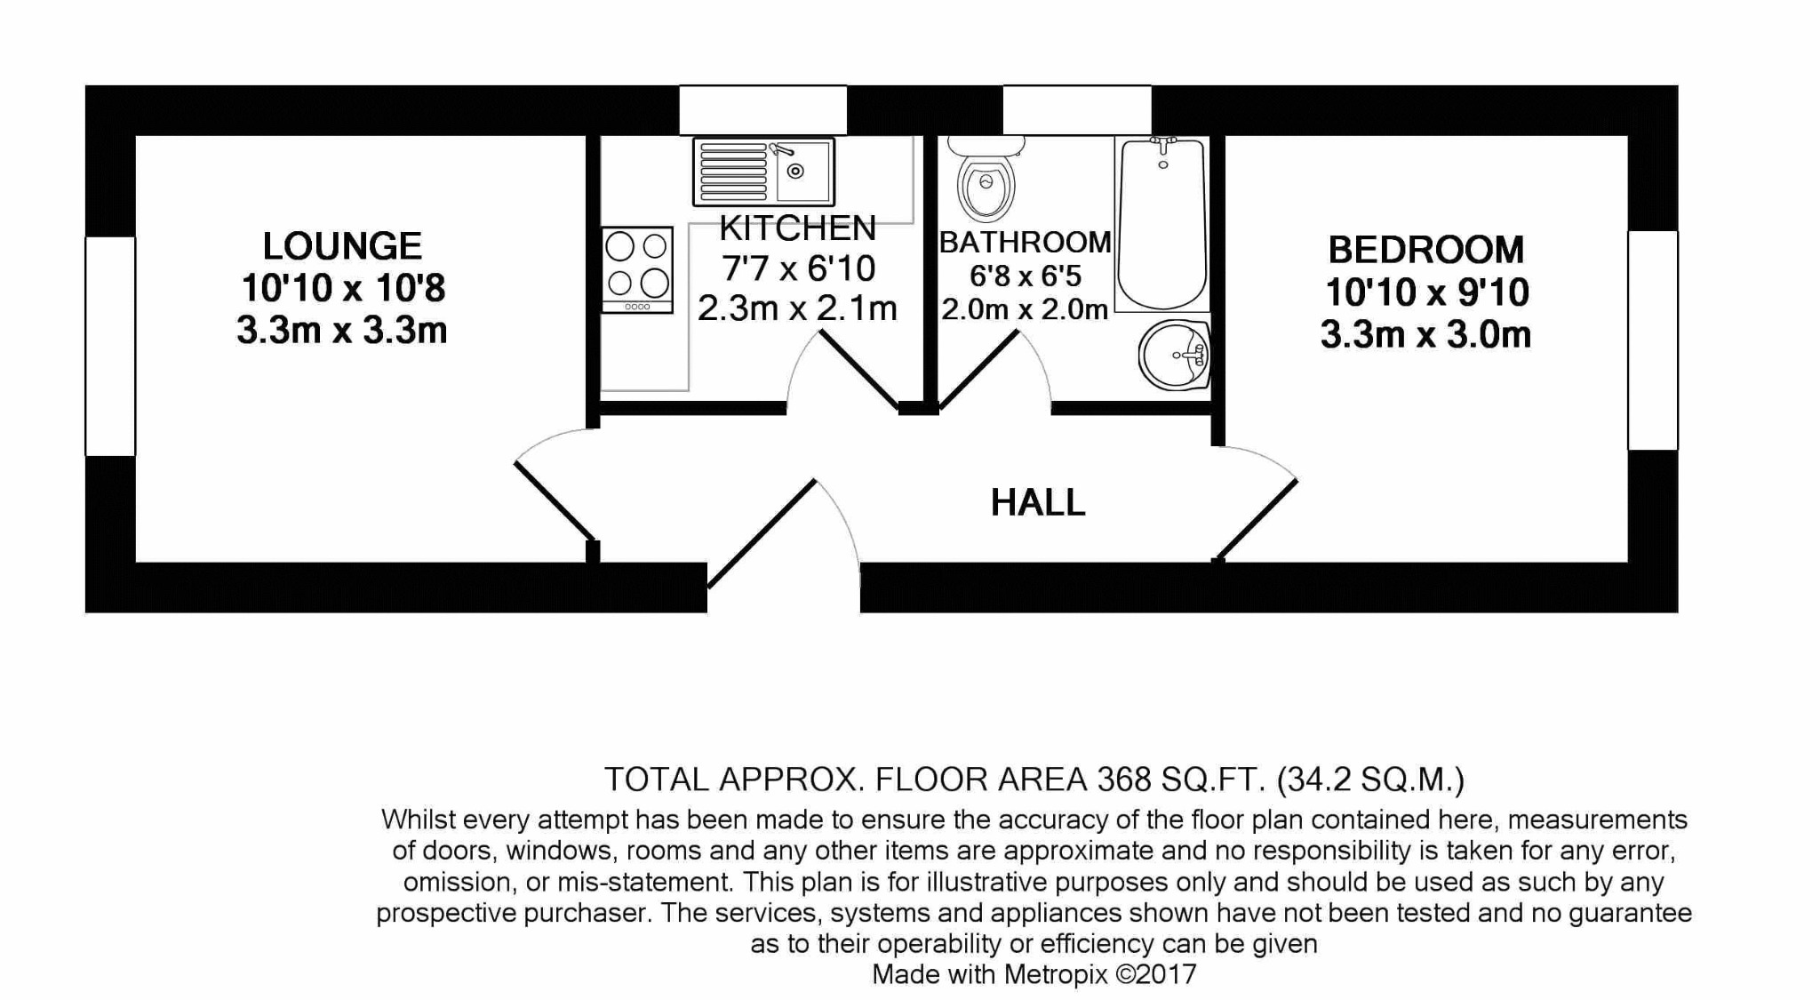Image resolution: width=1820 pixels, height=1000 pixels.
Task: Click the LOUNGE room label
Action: pos(342,246)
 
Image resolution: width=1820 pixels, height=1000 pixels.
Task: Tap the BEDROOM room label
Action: pos(1425,250)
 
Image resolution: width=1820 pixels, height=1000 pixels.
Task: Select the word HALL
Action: pos(1037,503)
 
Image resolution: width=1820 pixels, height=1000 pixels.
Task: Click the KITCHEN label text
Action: pos(797,228)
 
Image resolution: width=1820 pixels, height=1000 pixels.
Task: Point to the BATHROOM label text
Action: pos(1025,242)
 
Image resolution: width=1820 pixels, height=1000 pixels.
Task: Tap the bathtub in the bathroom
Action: pos(1161,222)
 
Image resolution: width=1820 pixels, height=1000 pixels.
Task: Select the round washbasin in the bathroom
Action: pos(1174,356)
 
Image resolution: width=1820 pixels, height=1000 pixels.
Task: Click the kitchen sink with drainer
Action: pos(763,172)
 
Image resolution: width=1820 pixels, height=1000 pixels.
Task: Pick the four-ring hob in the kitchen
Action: pos(637,268)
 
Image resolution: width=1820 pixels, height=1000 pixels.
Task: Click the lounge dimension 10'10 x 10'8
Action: pos(342,288)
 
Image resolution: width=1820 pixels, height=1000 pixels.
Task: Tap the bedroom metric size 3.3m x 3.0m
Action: pos(1425,335)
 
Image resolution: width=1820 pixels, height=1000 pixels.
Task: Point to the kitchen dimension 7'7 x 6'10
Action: pos(797,268)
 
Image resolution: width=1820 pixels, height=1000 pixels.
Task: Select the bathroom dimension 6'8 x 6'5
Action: pos(1025,276)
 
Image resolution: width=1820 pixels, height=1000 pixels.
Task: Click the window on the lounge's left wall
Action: pos(110,346)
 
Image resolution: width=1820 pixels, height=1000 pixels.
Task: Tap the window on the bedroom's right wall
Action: pos(1652,340)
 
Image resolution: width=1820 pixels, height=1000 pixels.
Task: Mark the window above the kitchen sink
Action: pos(762,110)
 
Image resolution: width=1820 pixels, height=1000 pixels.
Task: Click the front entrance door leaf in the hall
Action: pos(762,534)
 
